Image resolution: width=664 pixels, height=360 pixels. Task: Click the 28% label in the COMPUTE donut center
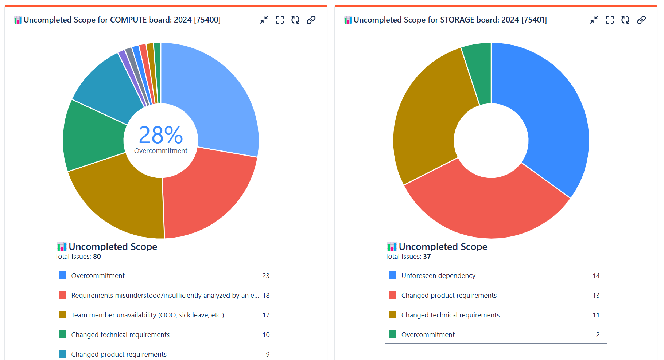[161, 135]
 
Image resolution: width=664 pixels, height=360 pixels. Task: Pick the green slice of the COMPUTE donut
[93, 137]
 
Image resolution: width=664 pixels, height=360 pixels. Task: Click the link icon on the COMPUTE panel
[311, 20]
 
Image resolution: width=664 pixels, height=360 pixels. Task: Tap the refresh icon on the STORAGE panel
[625, 20]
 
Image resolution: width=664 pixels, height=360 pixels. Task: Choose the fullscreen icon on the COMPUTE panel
[280, 20]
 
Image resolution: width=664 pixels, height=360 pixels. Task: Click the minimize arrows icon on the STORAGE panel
[594, 20]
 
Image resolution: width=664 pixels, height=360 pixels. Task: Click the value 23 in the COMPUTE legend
[266, 276]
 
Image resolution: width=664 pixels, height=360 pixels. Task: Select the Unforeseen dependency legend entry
[438, 276]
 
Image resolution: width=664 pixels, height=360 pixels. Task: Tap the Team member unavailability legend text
[147, 315]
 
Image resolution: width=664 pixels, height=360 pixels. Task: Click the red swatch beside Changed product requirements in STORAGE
[392, 295]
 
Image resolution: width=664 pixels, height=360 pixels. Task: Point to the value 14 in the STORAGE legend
[596, 276]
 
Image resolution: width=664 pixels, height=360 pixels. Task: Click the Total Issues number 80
[97, 257]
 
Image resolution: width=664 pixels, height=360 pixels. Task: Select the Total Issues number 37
[427, 257]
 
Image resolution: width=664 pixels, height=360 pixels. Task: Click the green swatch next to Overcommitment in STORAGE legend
[392, 334]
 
